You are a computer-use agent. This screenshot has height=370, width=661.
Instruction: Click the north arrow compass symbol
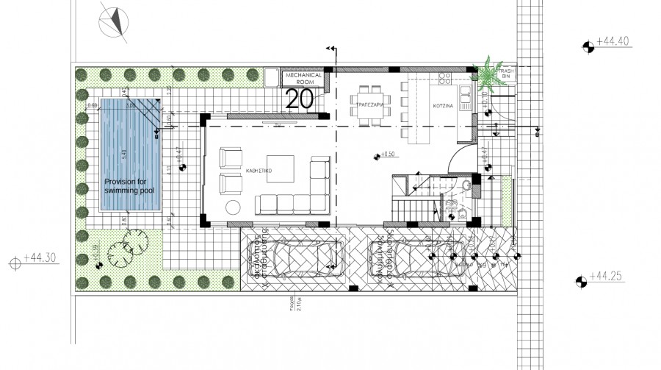tap(113, 21)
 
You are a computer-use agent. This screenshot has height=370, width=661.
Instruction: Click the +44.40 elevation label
tap(613, 41)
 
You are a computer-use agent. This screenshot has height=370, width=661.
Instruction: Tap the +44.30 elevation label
tap(40, 258)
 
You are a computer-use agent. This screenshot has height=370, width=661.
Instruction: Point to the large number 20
tap(300, 99)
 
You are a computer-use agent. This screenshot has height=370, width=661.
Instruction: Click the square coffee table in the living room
tap(281, 168)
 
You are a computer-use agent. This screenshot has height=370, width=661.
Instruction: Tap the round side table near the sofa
tap(233, 207)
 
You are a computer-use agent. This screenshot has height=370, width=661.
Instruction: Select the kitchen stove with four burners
tap(444, 77)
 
